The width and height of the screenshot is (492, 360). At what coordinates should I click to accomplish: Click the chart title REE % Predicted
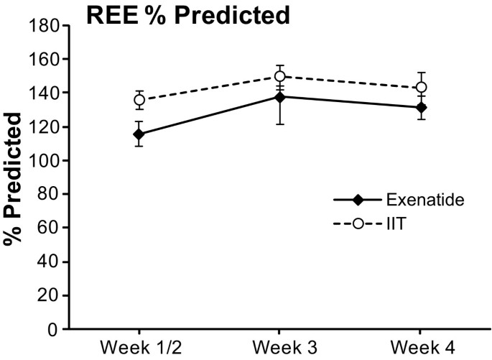coord(188,15)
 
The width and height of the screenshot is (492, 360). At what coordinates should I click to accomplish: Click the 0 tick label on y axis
coord(52,330)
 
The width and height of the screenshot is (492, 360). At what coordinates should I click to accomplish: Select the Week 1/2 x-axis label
coord(138,349)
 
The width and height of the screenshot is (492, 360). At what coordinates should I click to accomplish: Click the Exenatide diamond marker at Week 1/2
coord(139,134)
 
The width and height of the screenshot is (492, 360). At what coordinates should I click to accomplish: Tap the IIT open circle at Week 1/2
coord(139,100)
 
